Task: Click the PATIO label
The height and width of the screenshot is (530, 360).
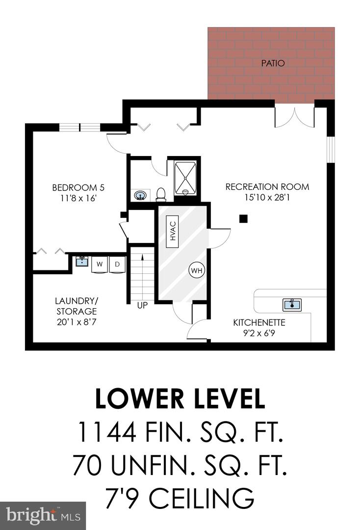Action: (x=273, y=63)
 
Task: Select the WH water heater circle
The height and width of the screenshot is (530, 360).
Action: (x=197, y=270)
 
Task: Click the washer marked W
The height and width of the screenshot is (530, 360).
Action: (x=99, y=265)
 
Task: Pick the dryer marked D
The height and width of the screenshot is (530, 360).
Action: (x=117, y=265)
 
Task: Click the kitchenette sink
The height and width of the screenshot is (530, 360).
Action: (x=292, y=305)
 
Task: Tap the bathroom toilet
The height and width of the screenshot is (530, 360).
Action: (x=161, y=194)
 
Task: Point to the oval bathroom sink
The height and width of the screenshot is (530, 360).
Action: (x=140, y=195)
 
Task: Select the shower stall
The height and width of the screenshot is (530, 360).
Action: (x=185, y=179)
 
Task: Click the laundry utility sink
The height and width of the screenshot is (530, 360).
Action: (x=82, y=261)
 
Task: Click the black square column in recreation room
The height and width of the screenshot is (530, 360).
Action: (x=243, y=219)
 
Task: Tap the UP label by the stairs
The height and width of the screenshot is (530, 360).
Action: (x=143, y=305)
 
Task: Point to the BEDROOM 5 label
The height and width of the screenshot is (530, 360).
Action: (x=78, y=187)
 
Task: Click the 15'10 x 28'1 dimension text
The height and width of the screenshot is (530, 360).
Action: (x=267, y=197)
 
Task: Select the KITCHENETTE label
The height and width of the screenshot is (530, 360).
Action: (x=259, y=322)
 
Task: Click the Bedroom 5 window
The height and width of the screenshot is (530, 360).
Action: (x=80, y=128)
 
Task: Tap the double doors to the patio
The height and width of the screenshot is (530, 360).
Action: (x=295, y=118)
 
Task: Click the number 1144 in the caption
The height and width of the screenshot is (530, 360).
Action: (x=107, y=432)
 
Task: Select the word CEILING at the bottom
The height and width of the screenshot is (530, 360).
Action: (x=202, y=498)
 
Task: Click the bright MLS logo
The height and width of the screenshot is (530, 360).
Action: (x=43, y=516)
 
